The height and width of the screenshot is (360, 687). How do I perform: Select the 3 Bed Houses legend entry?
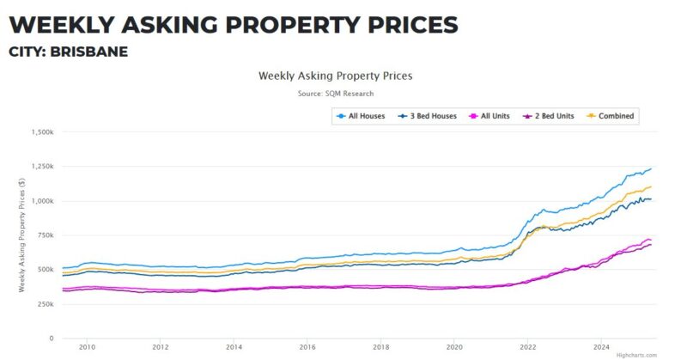point(427,116)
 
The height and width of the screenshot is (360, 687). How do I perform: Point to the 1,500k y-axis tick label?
point(41,132)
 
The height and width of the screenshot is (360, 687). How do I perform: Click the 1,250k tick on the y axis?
point(41,167)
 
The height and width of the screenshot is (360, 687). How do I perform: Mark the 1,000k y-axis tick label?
point(41,201)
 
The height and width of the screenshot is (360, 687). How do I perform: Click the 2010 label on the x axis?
point(86,347)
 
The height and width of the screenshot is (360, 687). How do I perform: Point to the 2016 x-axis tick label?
point(307,347)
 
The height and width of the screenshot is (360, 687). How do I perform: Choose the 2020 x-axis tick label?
point(454,347)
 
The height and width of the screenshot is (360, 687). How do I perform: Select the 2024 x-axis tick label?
point(601,347)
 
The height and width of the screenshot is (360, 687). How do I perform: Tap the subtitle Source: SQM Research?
point(335,93)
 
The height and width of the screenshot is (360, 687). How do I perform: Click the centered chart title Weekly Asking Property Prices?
point(335,76)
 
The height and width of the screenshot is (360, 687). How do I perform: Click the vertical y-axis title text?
point(21,235)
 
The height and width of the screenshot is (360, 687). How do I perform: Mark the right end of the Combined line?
point(651,186)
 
